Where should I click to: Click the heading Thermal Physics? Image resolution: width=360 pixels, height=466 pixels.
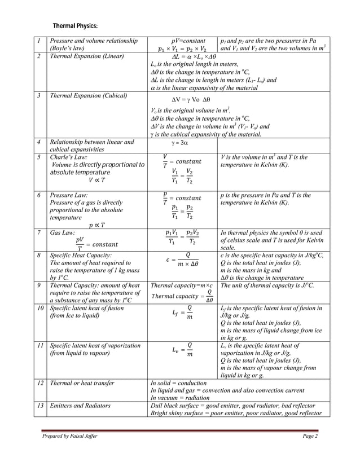(75, 26)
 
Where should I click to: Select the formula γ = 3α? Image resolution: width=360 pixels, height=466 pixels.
(168, 143)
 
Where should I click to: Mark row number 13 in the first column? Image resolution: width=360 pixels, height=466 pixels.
(39, 406)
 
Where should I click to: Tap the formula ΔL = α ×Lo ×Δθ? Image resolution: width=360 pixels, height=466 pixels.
(182, 56)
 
